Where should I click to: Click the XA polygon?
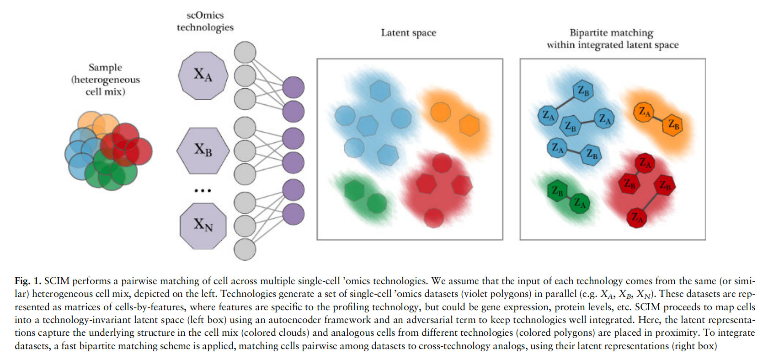tap(203, 75)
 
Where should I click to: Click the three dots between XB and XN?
tap(203, 190)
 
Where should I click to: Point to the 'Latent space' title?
tap(408, 33)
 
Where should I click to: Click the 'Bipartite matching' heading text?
tap(611, 33)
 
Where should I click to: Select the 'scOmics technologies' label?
tap(205, 21)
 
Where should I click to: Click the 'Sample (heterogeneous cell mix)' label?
tap(105, 80)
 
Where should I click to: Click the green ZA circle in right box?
tap(580, 203)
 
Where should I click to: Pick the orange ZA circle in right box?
tap(644, 112)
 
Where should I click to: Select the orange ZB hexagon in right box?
tap(673, 124)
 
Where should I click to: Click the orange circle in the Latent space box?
tap(440, 112)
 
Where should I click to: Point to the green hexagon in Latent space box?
tap(353, 190)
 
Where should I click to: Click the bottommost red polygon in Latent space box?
tap(433, 218)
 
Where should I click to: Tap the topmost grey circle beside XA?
tap(245, 52)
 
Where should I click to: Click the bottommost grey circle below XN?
tap(245, 250)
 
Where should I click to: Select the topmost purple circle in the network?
tap(293, 87)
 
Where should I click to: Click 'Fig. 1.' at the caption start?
tap(28, 281)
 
